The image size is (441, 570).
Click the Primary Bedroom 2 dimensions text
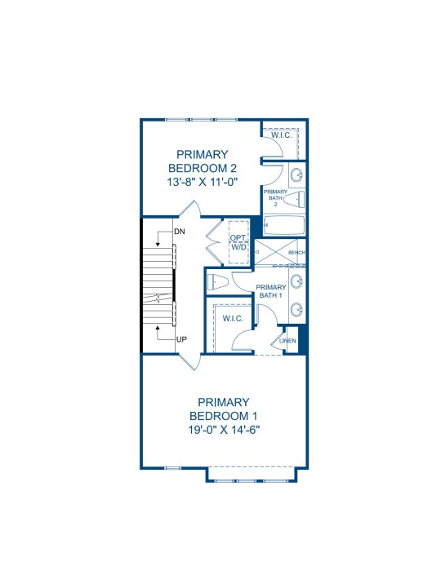tap(203, 182)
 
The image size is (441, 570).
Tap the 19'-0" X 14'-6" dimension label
tap(224, 430)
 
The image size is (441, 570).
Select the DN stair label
tap(180, 232)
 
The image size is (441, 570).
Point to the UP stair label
tap(182, 339)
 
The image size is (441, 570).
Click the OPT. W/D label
tap(238, 242)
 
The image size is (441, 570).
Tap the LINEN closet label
tap(287, 341)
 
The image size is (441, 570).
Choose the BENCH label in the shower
tap(296, 252)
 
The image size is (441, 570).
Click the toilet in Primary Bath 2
tap(293, 199)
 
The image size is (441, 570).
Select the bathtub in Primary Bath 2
tap(283, 225)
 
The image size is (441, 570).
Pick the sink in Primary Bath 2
tap(297, 175)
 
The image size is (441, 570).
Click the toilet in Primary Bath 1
tap(217, 281)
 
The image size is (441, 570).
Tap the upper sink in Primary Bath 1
tap(297, 281)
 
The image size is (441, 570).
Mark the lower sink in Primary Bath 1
tap(297, 309)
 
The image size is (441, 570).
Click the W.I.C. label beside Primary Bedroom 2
tap(282, 135)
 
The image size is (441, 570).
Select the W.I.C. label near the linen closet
tap(233, 319)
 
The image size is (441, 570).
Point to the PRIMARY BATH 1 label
tap(271, 291)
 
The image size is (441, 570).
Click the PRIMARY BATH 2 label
tap(275, 198)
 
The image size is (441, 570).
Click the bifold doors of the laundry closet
tap(214, 241)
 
